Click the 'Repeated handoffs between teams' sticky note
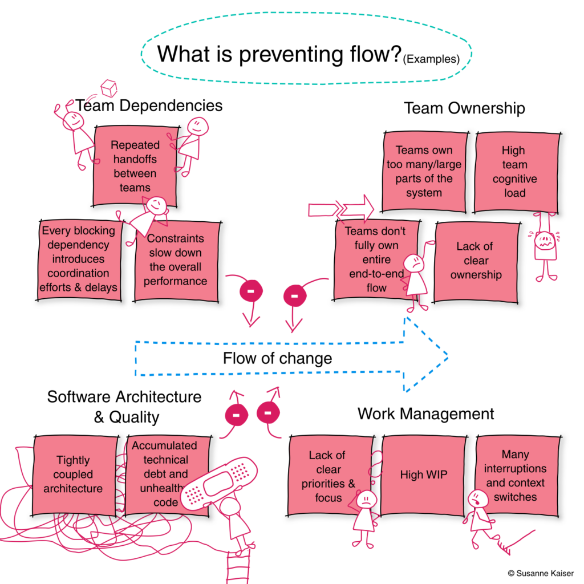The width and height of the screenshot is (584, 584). tap(135, 166)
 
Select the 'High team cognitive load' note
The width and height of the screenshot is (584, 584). tap(514, 172)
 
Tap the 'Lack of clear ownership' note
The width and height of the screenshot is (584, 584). tap(476, 261)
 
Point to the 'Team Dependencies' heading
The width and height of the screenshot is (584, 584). tap(149, 106)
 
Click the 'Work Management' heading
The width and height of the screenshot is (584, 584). tap(425, 413)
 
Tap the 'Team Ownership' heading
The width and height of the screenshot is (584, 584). tap(464, 108)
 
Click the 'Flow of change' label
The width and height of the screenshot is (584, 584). tap(277, 358)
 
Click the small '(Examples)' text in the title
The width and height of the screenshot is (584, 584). tap(432, 59)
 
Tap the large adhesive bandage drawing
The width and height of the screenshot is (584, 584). tap(219, 484)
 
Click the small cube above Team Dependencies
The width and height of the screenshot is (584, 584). tap(108, 88)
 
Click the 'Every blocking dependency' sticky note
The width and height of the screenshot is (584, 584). tap(79, 259)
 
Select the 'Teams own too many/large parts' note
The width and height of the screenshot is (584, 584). tap(424, 172)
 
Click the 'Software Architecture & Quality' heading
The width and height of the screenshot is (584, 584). tap(124, 406)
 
